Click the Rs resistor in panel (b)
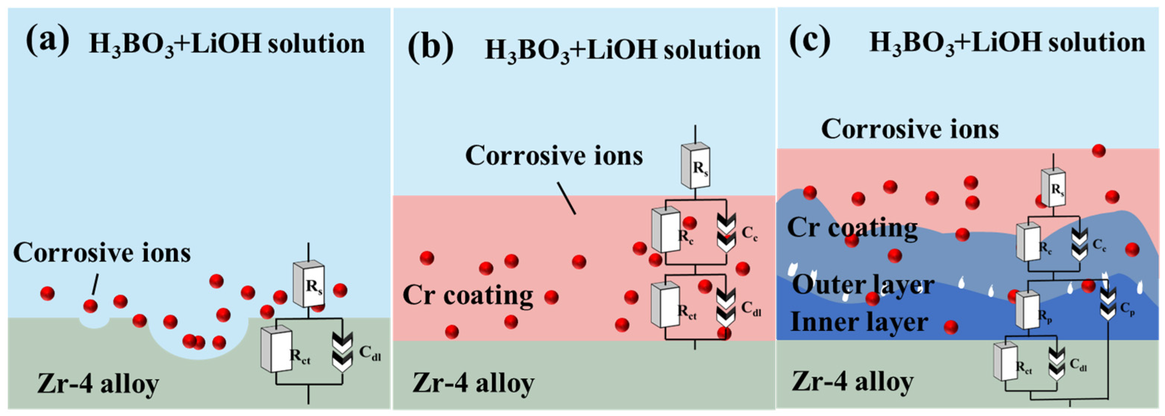pyautogui.click(x=696, y=165)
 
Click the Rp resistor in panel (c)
pyautogui.click(x=1027, y=310)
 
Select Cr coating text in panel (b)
pyautogui.click(x=467, y=295)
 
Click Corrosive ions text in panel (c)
pyautogui.click(x=910, y=129)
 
